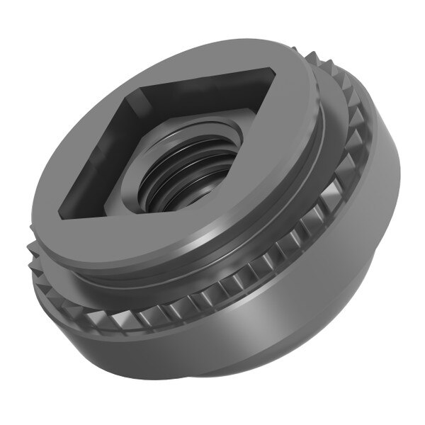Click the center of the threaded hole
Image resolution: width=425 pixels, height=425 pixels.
(x=186, y=181)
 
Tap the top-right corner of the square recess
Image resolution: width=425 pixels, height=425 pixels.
(x=272, y=71)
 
